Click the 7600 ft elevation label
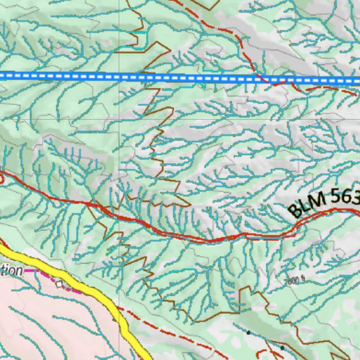(x=294, y=280)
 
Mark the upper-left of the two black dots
(x=248, y=333)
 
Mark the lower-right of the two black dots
(x=282, y=348)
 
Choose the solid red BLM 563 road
(x=211, y=240)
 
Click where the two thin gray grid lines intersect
(x=119, y=119)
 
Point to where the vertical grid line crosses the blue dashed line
(x=119, y=77)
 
